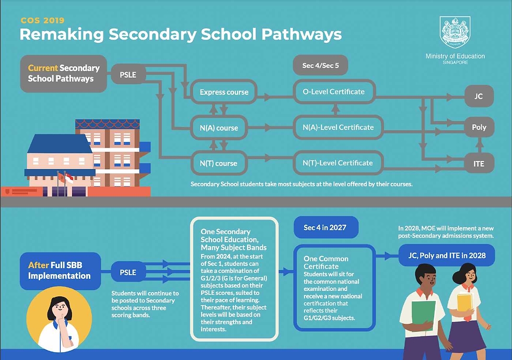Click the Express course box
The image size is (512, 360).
tap(224, 92)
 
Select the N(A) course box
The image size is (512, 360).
tap(219, 127)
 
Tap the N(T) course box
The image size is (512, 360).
tap(219, 163)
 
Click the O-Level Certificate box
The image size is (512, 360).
tap(334, 92)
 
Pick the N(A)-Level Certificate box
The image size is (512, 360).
tap(338, 127)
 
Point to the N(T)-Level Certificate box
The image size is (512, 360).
tap(338, 163)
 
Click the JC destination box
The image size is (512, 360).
tap(479, 97)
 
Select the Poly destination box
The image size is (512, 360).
tap(479, 127)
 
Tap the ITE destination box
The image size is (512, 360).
tap(479, 164)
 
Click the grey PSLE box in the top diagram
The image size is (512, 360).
tap(128, 75)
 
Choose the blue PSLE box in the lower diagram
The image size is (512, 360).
tap(128, 272)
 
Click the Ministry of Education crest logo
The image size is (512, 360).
tap(455, 32)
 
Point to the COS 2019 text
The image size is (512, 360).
tap(43, 21)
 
